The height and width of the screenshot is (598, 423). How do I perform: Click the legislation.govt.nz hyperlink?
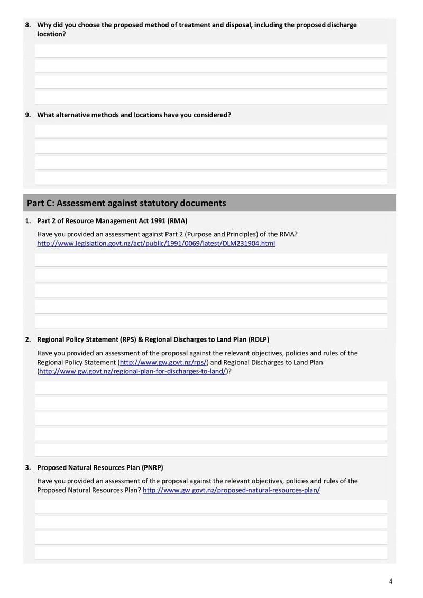click(x=156, y=244)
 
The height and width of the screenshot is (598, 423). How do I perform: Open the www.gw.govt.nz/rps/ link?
click(x=163, y=362)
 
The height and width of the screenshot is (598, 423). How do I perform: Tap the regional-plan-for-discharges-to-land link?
click(x=133, y=372)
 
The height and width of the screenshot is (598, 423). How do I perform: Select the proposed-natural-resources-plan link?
click(x=231, y=490)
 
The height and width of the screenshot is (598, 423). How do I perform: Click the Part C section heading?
click(x=126, y=203)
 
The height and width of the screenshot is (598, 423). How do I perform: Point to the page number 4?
click(x=390, y=582)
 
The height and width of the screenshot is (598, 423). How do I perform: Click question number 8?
click(x=28, y=25)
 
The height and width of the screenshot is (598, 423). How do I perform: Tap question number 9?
click(x=28, y=115)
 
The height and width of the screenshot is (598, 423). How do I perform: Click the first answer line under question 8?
click(x=210, y=51)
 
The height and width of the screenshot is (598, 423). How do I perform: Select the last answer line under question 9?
click(x=210, y=178)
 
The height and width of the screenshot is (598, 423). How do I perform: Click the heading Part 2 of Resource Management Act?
click(x=112, y=221)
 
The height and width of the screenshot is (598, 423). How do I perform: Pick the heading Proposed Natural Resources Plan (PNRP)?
click(x=100, y=467)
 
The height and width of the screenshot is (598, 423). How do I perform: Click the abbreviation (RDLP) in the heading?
click(x=258, y=339)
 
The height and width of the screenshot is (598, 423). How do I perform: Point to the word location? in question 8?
click(x=51, y=34)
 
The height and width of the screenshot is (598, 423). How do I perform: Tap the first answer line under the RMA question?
click(x=210, y=260)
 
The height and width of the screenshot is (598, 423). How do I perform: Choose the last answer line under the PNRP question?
click(x=210, y=553)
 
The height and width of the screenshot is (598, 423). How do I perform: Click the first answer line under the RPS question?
click(x=210, y=388)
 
